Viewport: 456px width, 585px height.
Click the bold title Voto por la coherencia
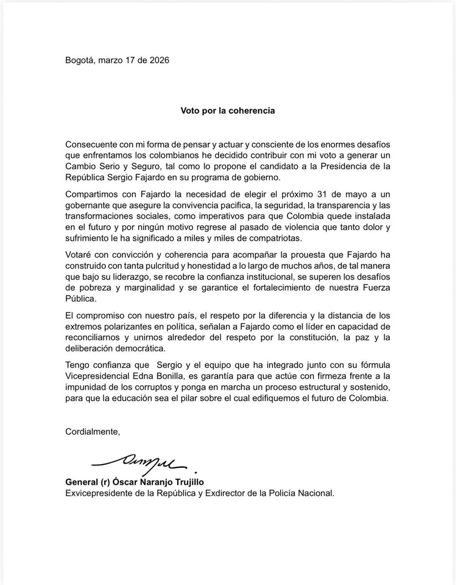click(x=228, y=110)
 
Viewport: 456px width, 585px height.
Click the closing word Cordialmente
click(x=92, y=431)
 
